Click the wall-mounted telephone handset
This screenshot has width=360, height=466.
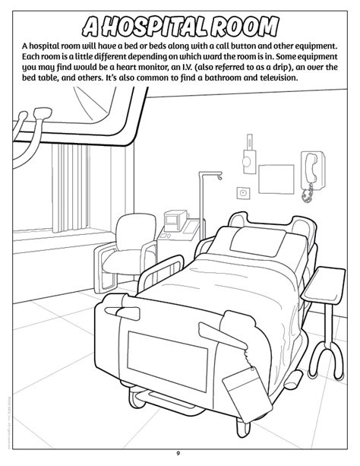point(310,165)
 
